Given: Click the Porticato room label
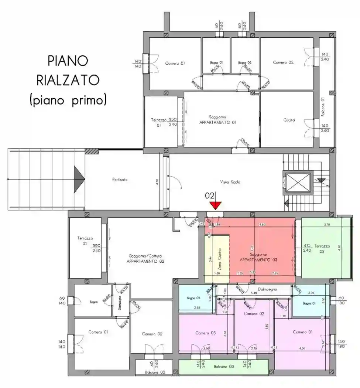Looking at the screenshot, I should click(x=120, y=180).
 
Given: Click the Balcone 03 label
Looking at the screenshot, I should click(x=224, y=367).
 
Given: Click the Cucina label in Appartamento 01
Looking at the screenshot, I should click(x=289, y=120).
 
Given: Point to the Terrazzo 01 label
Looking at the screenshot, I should click(x=157, y=123).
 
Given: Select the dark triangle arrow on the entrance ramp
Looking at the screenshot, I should click(x=79, y=179).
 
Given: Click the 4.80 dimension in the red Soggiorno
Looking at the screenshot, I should click(x=263, y=224).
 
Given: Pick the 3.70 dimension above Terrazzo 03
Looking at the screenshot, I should click(x=327, y=224).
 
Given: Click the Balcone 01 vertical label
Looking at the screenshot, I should click(x=322, y=107).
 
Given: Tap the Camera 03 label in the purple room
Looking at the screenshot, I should click(x=205, y=333).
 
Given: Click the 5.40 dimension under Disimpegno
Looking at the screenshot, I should click(x=254, y=293).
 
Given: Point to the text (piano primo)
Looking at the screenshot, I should click(x=68, y=100).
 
